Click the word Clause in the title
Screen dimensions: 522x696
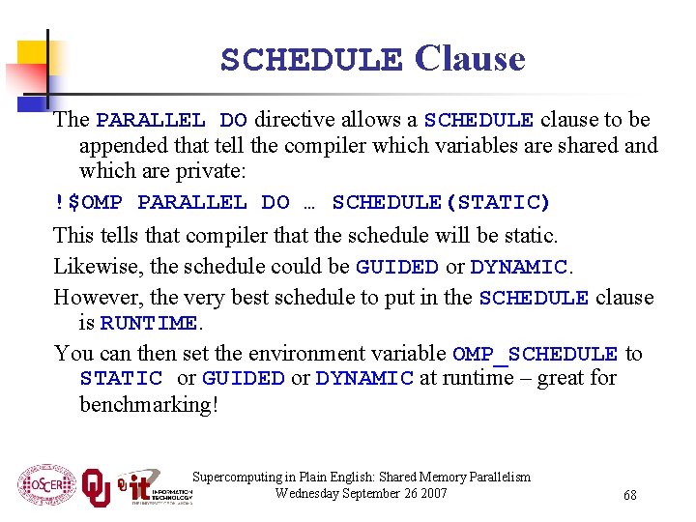tap(470, 59)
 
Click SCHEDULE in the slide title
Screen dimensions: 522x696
tap(311, 60)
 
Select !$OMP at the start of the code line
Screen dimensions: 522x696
tap(88, 202)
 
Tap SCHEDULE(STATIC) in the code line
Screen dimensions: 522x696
tap(441, 202)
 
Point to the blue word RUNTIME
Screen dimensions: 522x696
tap(149, 323)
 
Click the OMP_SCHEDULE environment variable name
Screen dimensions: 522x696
tap(535, 355)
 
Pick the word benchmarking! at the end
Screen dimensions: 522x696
tap(149, 403)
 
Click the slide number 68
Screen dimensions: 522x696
tap(629, 495)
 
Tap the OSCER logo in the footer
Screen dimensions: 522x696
tap(45, 484)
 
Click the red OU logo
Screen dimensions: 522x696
tap(96, 486)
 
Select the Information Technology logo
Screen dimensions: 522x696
tap(155, 486)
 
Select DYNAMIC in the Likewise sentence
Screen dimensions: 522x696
tap(517, 267)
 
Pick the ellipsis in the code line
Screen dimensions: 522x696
tap(310, 203)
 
